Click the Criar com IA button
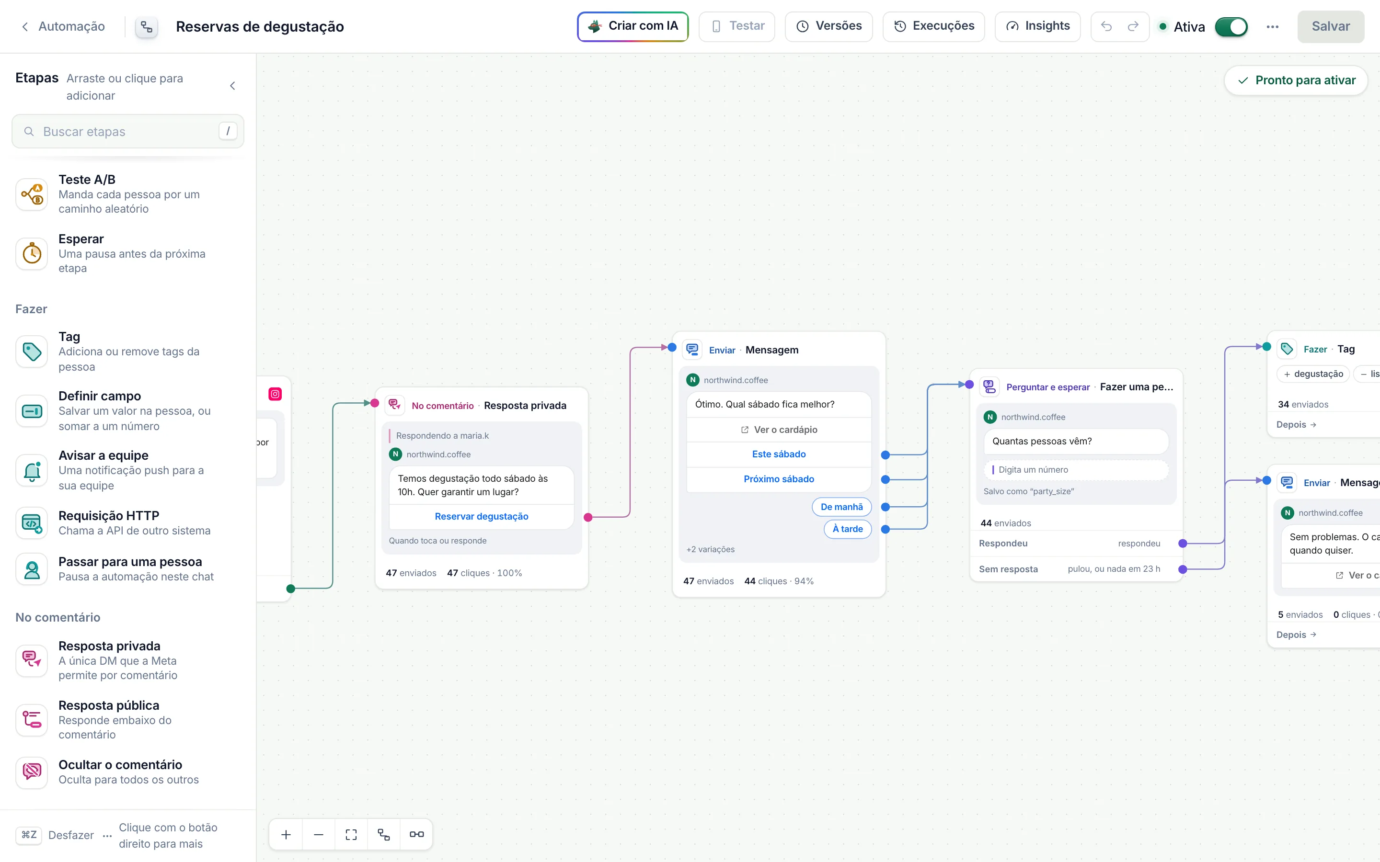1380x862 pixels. pos(632,26)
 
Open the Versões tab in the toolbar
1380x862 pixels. pos(828,26)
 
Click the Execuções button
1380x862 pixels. pos(933,26)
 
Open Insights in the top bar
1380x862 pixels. pos(1037,26)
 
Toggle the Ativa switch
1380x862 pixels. pos(1231,27)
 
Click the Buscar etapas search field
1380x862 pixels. pos(128,131)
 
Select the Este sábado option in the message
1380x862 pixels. pos(779,454)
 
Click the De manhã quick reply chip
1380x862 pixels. pos(842,507)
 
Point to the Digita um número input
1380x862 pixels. pos(1076,470)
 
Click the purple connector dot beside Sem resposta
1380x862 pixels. pos(1183,569)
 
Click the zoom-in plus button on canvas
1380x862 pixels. pos(286,835)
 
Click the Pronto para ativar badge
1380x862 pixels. pos(1296,80)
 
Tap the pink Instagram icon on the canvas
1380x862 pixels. pos(276,394)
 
